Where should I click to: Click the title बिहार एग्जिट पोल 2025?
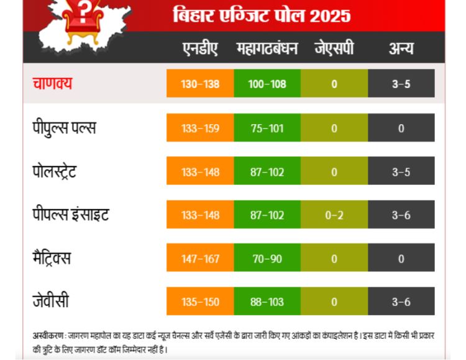click(262, 14)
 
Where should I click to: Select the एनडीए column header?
click(200, 49)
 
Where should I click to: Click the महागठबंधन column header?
click(267, 49)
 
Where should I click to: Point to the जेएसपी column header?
click(334, 49)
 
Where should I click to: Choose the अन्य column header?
click(401, 49)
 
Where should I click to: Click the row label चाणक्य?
click(53, 84)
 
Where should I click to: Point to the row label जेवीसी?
click(50, 302)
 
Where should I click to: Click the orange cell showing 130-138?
click(200, 84)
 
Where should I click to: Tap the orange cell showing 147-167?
click(200, 258)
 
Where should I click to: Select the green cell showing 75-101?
click(267, 128)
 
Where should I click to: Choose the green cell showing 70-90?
click(267, 258)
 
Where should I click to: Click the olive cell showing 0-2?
click(334, 215)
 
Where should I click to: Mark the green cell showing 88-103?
click(267, 302)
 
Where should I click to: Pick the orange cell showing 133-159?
click(200, 128)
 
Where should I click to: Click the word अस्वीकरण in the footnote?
click(48, 336)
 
